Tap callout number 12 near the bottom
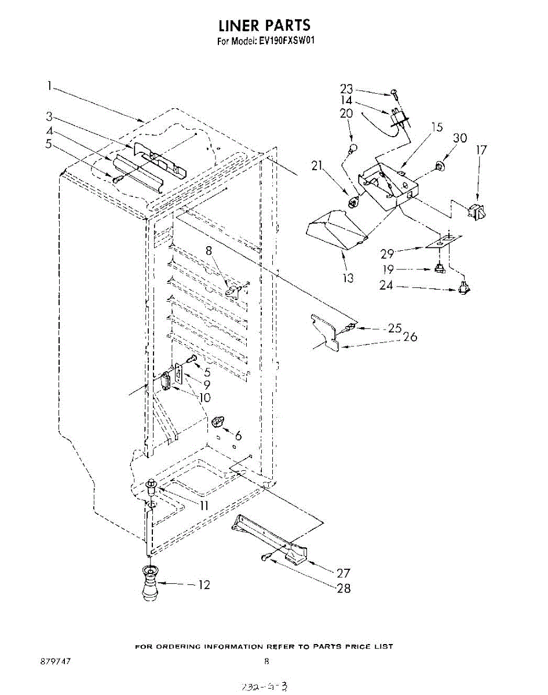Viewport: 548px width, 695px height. tap(204, 585)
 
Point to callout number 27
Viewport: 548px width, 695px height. tap(344, 573)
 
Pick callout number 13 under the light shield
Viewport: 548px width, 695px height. tap(348, 278)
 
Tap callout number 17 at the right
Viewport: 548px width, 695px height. tap(481, 150)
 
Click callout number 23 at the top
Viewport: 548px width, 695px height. tap(346, 89)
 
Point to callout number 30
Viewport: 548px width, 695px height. tap(460, 138)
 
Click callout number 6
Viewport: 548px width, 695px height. tap(238, 436)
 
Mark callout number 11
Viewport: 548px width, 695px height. tap(204, 504)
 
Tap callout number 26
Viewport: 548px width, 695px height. tap(410, 336)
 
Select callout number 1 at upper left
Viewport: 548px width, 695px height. tap(50, 86)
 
